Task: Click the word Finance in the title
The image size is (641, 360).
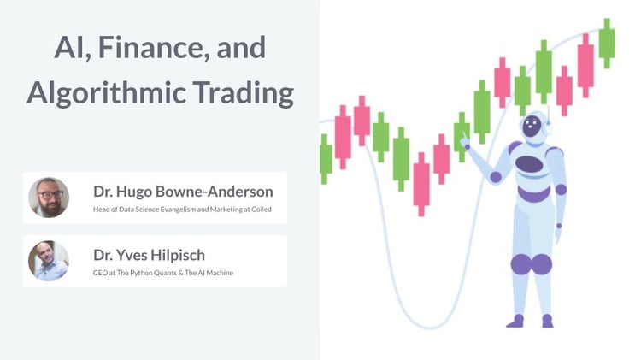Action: pos(140,48)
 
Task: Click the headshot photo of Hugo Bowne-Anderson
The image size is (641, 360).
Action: pos(49,198)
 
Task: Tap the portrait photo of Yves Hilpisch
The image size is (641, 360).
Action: pos(49,261)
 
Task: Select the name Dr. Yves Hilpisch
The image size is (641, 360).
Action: pos(150,254)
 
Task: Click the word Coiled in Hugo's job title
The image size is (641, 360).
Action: pos(260,209)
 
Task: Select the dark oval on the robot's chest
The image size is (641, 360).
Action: pos(530,164)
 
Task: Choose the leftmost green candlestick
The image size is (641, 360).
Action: pos(326,158)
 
